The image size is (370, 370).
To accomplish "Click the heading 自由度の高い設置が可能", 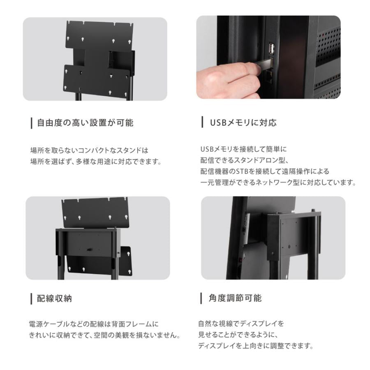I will (x=85, y=123).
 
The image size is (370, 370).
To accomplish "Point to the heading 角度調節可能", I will (x=236, y=298).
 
